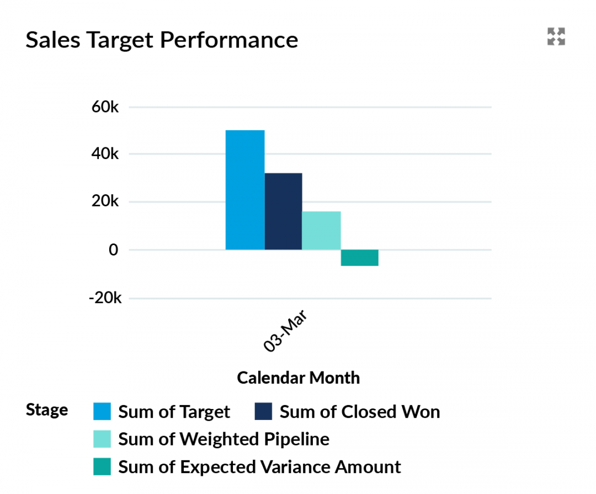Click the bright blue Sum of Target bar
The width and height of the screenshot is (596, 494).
click(x=245, y=190)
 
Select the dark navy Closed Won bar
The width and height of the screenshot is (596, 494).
click(x=283, y=211)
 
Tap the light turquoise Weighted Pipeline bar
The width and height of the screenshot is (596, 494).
click(x=321, y=230)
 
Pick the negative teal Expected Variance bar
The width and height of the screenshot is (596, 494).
click(x=359, y=258)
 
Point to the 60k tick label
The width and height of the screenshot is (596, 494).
click(x=105, y=107)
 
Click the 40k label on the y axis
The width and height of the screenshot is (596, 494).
click(x=105, y=154)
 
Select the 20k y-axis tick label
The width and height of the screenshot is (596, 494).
click(x=105, y=202)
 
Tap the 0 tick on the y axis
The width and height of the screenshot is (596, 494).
click(x=113, y=250)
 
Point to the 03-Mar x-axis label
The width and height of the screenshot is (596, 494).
click(x=285, y=331)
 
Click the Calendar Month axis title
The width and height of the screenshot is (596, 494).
click(x=298, y=378)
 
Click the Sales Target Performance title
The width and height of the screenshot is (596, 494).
click(x=162, y=40)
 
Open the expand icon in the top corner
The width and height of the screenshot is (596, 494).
click(x=556, y=37)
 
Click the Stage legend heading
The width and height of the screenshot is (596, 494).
click(x=47, y=410)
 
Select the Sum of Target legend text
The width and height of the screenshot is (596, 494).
click(x=174, y=412)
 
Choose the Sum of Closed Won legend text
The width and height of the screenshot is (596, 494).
click(x=359, y=412)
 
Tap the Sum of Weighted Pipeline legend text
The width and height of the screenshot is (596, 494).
click(x=223, y=439)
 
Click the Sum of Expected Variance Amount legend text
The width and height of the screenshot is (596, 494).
click(x=259, y=467)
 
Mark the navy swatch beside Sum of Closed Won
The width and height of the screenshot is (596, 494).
click(x=263, y=411)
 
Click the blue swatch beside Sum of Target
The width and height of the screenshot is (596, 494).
click(x=102, y=411)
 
